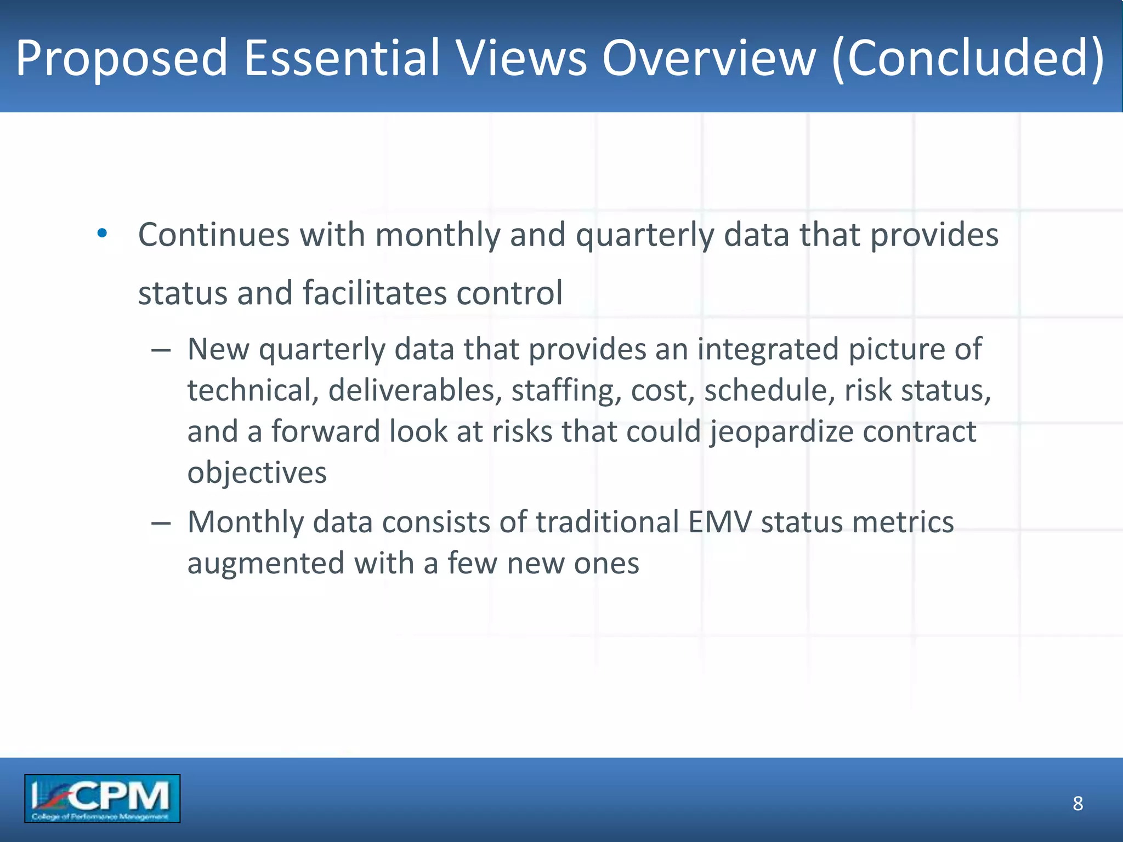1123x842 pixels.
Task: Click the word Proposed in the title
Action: tap(121, 58)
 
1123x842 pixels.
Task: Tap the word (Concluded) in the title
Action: tap(968, 58)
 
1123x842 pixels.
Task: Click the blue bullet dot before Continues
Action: tap(102, 234)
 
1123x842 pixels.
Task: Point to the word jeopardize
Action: tap(781, 432)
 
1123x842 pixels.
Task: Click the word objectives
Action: tap(257, 473)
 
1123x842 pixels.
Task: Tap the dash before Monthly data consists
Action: tap(161, 523)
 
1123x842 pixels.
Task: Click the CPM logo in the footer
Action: tap(102, 798)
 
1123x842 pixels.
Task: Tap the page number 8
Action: tap(1077, 803)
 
